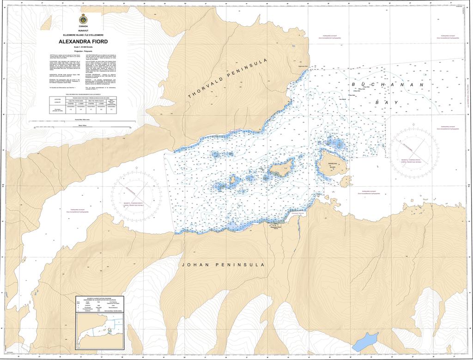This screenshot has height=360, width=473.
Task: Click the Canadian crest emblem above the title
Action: pos(83,19)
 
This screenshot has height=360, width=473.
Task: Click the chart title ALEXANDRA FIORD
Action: pos(83,42)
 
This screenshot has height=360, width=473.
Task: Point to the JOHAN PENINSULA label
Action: pos(223,265)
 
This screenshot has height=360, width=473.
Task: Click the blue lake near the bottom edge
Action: pos(364,341)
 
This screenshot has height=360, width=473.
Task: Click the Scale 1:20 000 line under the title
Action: pos(83,47)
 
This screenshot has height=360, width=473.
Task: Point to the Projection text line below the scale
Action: pos(83,51)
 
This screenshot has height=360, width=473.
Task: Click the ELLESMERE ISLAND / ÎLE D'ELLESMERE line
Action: pos(83,36)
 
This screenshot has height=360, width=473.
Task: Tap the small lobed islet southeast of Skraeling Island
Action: pos(346,181)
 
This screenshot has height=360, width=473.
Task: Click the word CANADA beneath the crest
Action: pos(83,27)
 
